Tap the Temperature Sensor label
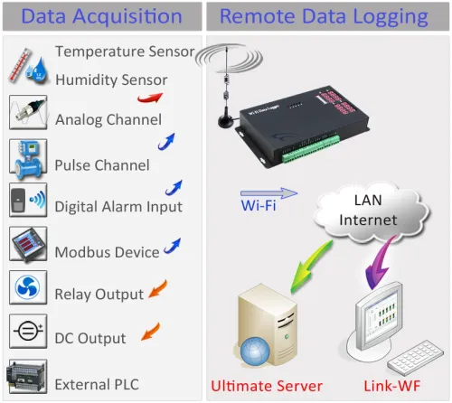pyautogui.click(x=125, y=52)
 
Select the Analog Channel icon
pyautogui.click(x=27, y=113)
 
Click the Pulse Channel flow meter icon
pyautogui.click(x=27, y=157)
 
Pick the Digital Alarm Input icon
pyautogui.click(x=27, y=201)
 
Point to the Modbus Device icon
pyautogui.click(x=27, y=245)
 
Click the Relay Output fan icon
pyautogui.click(x=27, y=288)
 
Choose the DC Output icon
pyautogui.click(x=27, y=332)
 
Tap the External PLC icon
pyautogui.click(x=27, y=377)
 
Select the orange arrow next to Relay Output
pyautogui.click(x=159, y=289)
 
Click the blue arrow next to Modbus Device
pyautogui.click(x=171, y=246)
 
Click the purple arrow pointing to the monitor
pyautogui.click(x=379, y=267)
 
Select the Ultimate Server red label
pyautogui.click(x=266, y=387)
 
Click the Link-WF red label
pyautogui.click(x=391, y=387)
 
